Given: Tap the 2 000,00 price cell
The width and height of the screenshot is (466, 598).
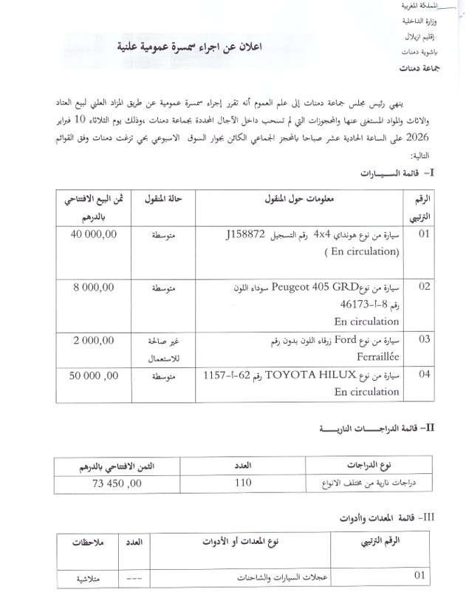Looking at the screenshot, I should (94, 340).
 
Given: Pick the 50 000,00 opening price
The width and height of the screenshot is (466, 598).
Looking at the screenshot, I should (94, 376).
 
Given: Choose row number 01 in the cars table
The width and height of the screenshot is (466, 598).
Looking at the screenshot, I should (424, 235).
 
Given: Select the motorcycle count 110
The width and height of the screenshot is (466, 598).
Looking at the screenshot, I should (244, 483).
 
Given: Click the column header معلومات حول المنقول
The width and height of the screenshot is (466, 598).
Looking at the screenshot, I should (299, 200).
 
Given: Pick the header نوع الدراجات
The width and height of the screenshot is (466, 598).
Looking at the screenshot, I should (368, 466).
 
